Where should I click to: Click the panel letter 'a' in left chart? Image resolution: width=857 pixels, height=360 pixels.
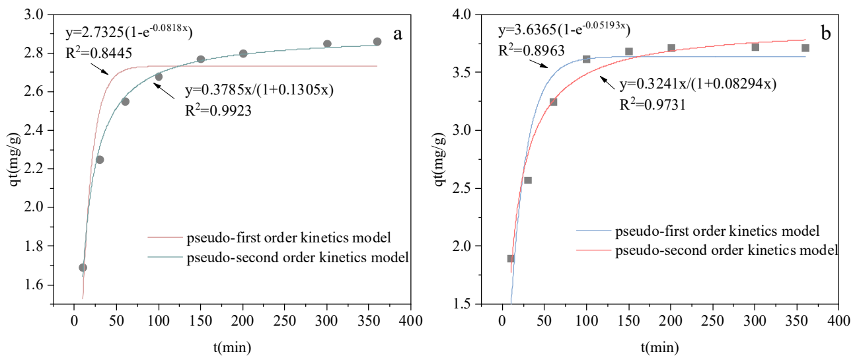coord(398,34)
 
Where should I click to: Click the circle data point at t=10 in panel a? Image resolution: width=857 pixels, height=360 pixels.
coord(83,268)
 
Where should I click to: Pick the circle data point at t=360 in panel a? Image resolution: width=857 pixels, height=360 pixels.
coord(377,42)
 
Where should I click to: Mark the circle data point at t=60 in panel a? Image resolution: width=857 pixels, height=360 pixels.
coord(125,102)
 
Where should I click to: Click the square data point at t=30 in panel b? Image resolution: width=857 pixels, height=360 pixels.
coord(528,180)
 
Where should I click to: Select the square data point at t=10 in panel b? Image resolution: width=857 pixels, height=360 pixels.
coord(511,258)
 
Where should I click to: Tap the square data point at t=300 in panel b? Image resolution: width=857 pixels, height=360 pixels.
coord(755,47)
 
